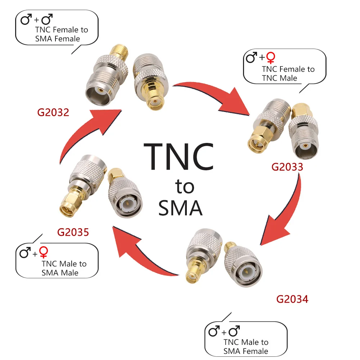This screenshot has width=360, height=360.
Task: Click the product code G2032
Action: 53,113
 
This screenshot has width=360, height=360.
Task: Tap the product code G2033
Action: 287,167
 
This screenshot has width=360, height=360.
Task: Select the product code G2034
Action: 292,299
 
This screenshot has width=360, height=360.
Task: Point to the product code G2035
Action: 73,232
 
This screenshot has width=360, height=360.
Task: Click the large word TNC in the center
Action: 179,157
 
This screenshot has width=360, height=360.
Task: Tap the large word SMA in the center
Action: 180,208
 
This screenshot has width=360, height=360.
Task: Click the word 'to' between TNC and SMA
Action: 185,187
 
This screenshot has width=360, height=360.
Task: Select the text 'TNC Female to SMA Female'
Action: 61,34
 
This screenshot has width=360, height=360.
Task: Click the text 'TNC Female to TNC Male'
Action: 288,73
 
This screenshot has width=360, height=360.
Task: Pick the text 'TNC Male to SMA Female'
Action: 246,346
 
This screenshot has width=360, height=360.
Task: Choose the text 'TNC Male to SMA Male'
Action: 64,268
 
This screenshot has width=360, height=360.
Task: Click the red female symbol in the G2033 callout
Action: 271,58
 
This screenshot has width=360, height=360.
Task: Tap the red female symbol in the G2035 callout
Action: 44,252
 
